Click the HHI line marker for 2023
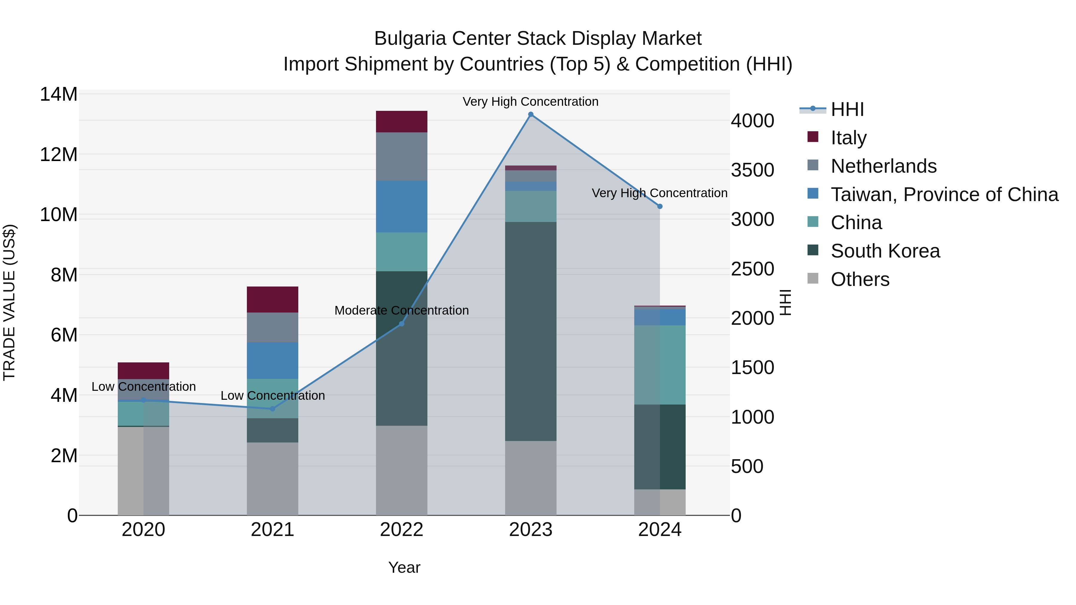coord(531,114)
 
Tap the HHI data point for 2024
coord(660,206)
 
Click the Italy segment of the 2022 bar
coord(401,122)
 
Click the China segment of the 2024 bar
coord(660,364)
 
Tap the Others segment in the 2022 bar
coord(401,470)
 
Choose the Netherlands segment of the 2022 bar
coord(401,157)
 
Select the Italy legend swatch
coord(813,137)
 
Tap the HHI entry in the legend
coord(847,109)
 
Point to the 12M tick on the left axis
coord(59,155)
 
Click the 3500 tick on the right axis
coord(752,170)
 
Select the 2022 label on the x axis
coord(401,530)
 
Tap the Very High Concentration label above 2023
coord(531,102)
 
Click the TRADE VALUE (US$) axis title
coord(10,302)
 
